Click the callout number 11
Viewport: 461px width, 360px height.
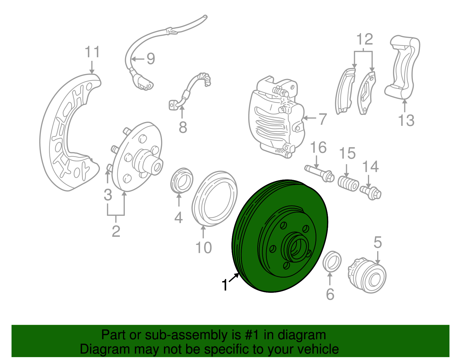92,52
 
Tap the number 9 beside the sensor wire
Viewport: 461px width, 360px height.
151,59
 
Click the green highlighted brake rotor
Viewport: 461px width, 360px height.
254,219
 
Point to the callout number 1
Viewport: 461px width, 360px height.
225,285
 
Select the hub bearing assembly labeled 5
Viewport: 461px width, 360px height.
367,275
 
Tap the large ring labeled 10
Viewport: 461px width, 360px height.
215,199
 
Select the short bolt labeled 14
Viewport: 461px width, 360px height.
371,192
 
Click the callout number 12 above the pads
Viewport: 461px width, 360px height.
364,39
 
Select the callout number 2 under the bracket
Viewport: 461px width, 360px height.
116,231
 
